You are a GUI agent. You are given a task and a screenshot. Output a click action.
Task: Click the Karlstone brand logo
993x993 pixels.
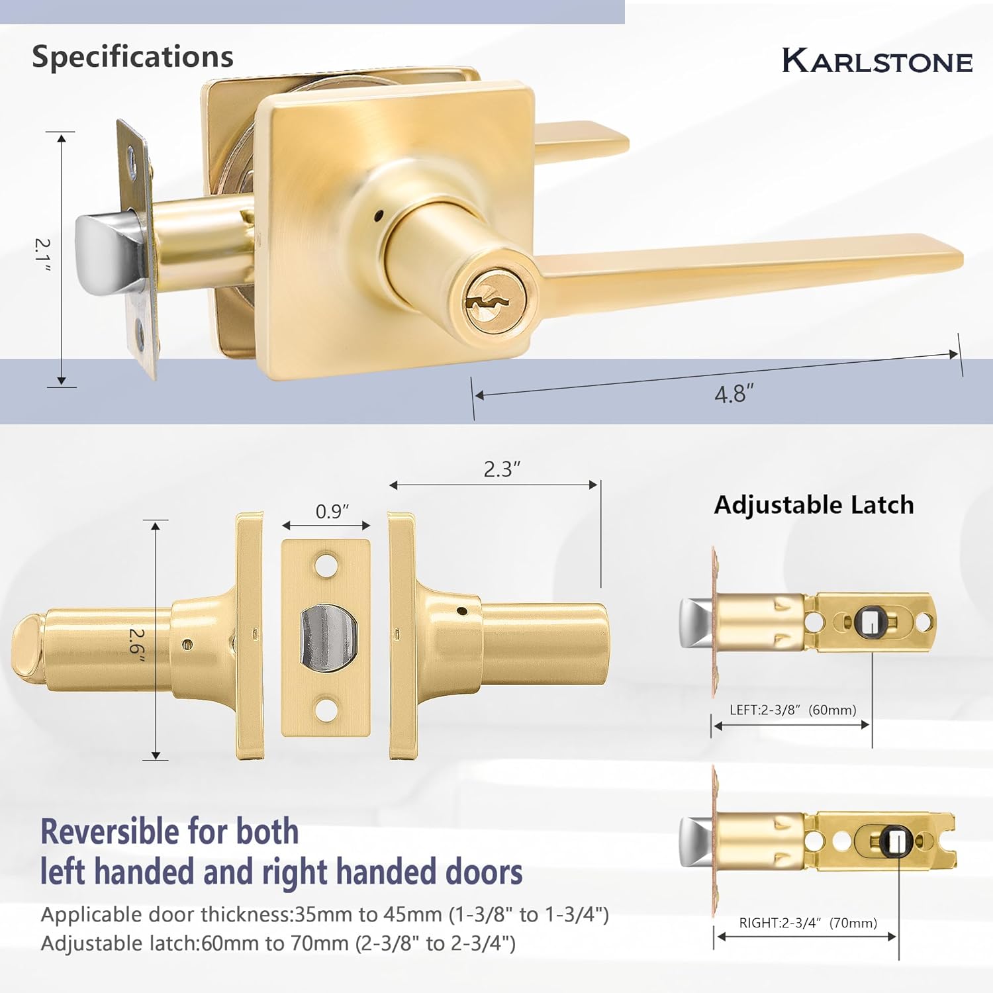pyautogui.click(x=876, y=60)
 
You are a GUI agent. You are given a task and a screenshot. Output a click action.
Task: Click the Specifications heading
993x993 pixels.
pyautogui.click(x=132, y=57)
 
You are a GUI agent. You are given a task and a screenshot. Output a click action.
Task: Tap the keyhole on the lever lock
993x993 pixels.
pyautogui.click(x=487, y=301)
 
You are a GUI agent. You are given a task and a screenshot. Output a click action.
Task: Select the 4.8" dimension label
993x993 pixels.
pyautogui.click(x=733, y=395)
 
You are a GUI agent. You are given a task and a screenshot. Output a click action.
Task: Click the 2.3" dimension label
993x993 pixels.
pyautogui.click(x=502, y=469)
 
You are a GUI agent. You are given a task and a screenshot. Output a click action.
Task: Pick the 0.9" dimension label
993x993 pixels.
pyautogui.click(x=332, y=512)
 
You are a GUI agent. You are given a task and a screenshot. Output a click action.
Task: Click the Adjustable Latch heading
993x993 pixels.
pyautogui.click(x=814, y=505)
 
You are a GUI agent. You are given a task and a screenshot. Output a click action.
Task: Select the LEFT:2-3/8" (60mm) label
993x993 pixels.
pyautogui.click(x=792, y=710)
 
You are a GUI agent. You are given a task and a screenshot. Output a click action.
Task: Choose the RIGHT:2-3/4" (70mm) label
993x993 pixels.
pyautogui.click(x=808, y=923)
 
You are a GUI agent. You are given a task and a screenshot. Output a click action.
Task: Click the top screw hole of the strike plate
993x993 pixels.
pyautogui.click(x=325, y=564)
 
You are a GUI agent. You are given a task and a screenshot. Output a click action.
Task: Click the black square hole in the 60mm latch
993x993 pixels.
pyautogui.click(x=869, y=622)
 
